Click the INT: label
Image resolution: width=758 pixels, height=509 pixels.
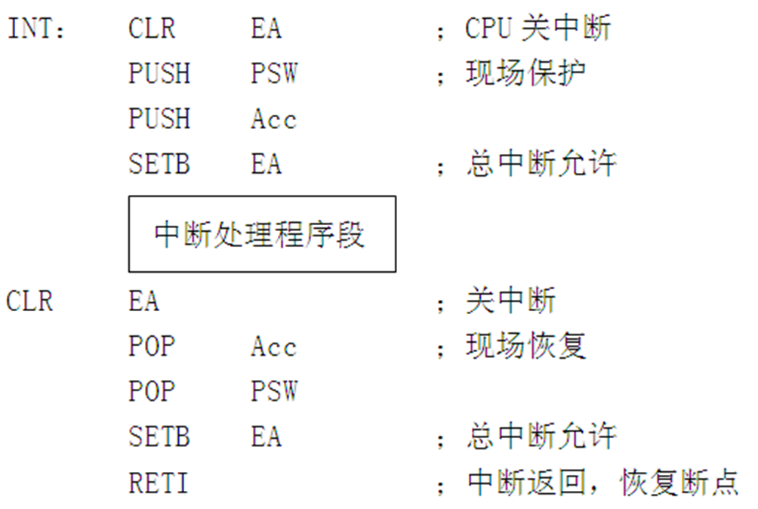(x=37, y=29)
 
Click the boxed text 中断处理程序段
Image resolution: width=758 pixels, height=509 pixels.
(x=260, y=234)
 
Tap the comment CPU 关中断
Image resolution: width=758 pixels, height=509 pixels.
(x=538, y=29)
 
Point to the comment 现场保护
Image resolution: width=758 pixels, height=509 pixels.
(x=526, y=74)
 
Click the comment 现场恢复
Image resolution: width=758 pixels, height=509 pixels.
(x=526, y=347)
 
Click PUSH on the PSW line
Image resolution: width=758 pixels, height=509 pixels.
(x=159, y=74)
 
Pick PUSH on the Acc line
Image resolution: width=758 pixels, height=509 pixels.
(x=159, y=119)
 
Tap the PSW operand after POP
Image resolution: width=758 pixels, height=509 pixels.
(x=274, y=392)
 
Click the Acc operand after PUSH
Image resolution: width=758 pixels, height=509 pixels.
(x=273, y=119)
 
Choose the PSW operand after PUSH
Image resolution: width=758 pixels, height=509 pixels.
(x=274, y=74)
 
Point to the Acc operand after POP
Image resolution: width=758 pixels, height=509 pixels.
(x=273, y=347)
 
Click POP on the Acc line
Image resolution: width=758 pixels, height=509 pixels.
(x=152, y=347)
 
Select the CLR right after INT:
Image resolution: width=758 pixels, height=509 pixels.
(x=152, y=29)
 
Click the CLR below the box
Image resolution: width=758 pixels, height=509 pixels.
(x=29, y=301)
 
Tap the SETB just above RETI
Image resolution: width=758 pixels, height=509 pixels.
(x=159, y=437)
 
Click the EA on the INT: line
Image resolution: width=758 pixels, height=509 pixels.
(x=266, y=29)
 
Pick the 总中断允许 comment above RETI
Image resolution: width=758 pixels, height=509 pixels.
(x=541, y=437)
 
